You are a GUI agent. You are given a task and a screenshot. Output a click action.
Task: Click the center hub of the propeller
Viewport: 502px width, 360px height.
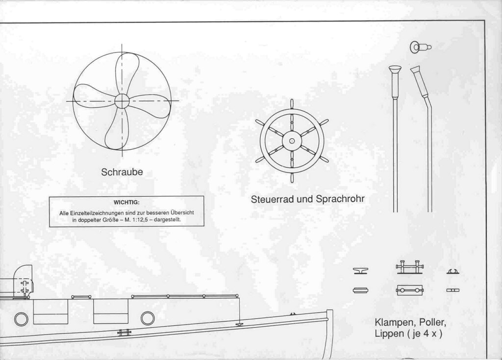(122, 101)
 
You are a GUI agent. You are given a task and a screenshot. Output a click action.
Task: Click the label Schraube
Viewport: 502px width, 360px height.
(122, 172)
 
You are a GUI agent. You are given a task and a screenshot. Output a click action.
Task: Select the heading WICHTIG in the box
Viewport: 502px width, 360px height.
(126, 202)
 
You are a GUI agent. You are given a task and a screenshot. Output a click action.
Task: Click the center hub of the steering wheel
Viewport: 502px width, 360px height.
(292, 141)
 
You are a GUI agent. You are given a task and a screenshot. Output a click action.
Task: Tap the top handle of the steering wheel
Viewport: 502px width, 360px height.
(292, 104)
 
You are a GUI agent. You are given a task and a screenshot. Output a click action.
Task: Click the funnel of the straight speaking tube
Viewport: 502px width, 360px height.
(395, 69)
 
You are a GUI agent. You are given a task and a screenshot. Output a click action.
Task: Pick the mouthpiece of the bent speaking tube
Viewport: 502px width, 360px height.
(416, 70)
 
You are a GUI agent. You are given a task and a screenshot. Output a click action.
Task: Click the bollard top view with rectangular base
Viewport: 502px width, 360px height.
(409, 291)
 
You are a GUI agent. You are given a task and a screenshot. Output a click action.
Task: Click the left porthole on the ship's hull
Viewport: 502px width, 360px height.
(21, 319)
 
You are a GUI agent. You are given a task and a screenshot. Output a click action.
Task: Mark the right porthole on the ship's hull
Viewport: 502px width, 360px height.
(148, 318)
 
